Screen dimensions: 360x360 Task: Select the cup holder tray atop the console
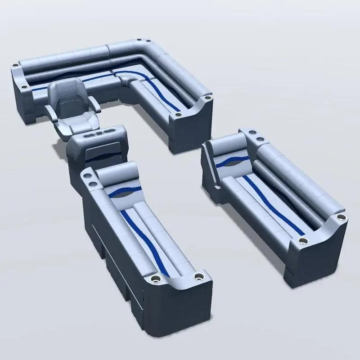100,134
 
